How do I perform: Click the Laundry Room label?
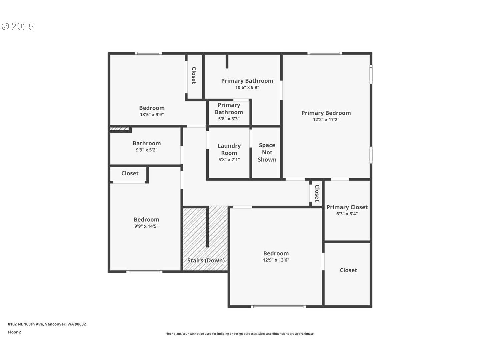(x=229, y=149)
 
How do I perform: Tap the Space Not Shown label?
(x=267, y=152)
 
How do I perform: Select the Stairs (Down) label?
(x=206, y=260)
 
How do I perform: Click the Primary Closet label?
(x=347, y=207)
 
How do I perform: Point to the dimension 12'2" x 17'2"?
(x=326, y=120)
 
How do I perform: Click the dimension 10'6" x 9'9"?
(x=247, y=87)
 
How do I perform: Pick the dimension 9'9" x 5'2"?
(x=146, y=150)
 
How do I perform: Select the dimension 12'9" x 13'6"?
(x=276, y=260)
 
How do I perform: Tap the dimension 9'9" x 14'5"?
(x=146, y=226)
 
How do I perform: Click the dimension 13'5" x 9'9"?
(x=152, y=115)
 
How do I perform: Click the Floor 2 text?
(x=14, y=332)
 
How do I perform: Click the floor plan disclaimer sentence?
(x=240, y=334)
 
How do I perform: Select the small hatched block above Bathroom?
(x=120, y=129)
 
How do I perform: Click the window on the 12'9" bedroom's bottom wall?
(x=278, y=306)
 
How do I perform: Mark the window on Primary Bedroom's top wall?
(x=324, y=53)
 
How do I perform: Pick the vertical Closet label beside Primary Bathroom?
(x=194, y=75)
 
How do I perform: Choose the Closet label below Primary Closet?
(x=348, y=270)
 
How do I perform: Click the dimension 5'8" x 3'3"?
(x=229, y=119)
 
